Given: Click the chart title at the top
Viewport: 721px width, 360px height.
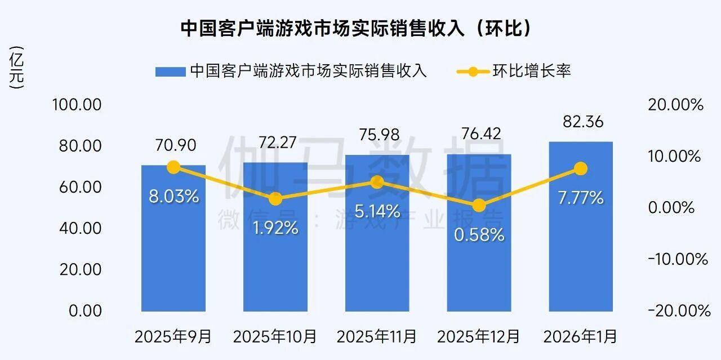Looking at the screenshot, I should (x=355, y=28).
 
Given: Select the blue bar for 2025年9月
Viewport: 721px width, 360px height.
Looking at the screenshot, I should (x=173, y=254).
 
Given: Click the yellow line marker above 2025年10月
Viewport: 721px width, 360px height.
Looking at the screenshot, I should (x=275, y=199).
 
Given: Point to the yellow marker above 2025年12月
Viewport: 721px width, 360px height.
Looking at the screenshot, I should (x=479, y=206).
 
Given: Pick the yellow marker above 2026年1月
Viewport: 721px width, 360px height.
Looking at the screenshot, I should (x=581, y=169).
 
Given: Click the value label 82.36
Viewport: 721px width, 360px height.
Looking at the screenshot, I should (x=581, y=121).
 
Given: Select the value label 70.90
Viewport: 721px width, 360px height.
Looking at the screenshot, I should (x=173, y=145).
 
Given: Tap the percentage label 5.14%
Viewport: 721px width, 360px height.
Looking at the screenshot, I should (x=377, y=212).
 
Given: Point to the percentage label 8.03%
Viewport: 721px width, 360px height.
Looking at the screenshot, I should (x=173, y=197).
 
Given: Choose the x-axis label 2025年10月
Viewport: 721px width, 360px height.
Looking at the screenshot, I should (x=275, y=337).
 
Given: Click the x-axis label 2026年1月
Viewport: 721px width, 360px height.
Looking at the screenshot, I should (x=580, y=337).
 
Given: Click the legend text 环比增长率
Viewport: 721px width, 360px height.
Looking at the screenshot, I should (x=532, y=72).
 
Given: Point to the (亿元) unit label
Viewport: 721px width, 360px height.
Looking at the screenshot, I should (x=17, y=68).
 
